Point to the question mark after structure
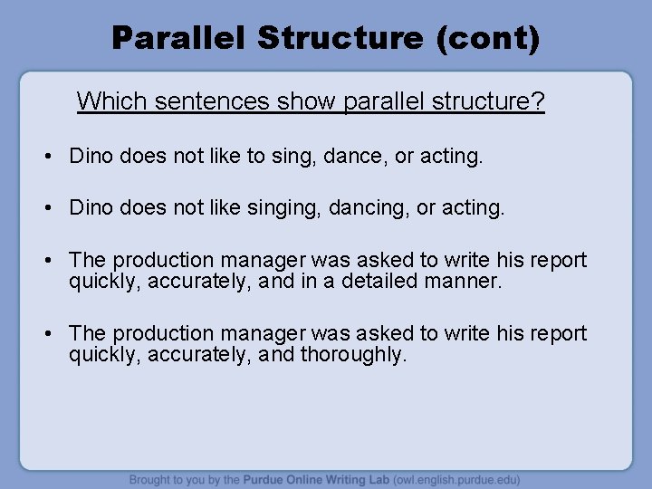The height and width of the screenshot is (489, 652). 540,101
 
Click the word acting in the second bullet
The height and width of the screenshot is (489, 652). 475,208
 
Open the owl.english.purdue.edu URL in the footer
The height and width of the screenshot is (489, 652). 460,479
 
